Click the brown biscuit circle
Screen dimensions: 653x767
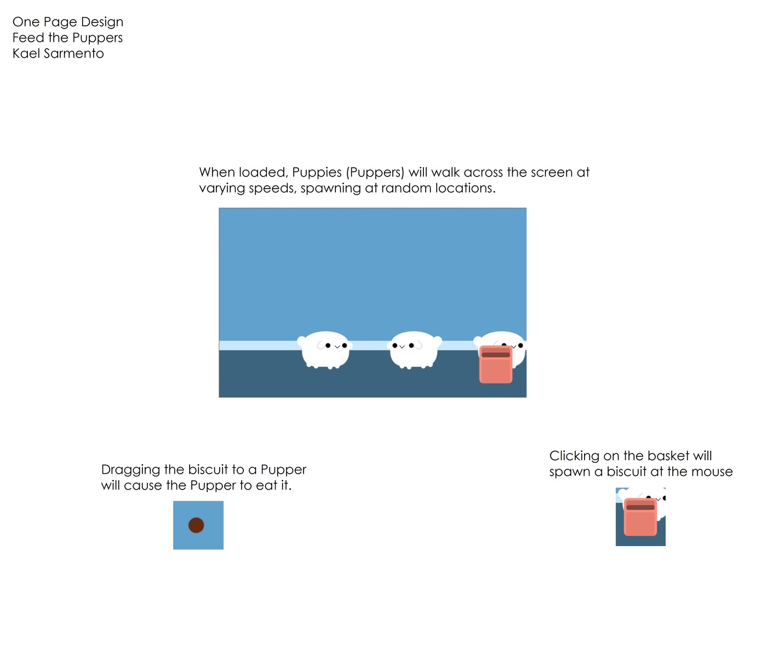coord(196,525)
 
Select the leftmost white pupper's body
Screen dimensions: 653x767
coord(325,351)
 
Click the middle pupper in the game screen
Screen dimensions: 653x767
coord(414,351)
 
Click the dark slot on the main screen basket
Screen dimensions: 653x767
coord(496,355)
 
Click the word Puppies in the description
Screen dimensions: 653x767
coord(317,173)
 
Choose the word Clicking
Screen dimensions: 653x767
coord(574,456)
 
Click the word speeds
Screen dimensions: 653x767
coord(272,189)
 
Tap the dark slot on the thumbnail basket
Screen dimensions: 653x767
coord(640,507)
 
